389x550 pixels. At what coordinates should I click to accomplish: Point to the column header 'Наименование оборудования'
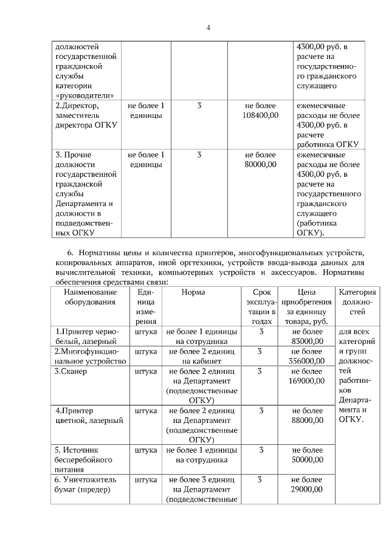(90, 297)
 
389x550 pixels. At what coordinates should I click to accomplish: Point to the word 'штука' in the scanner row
(146, 371)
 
